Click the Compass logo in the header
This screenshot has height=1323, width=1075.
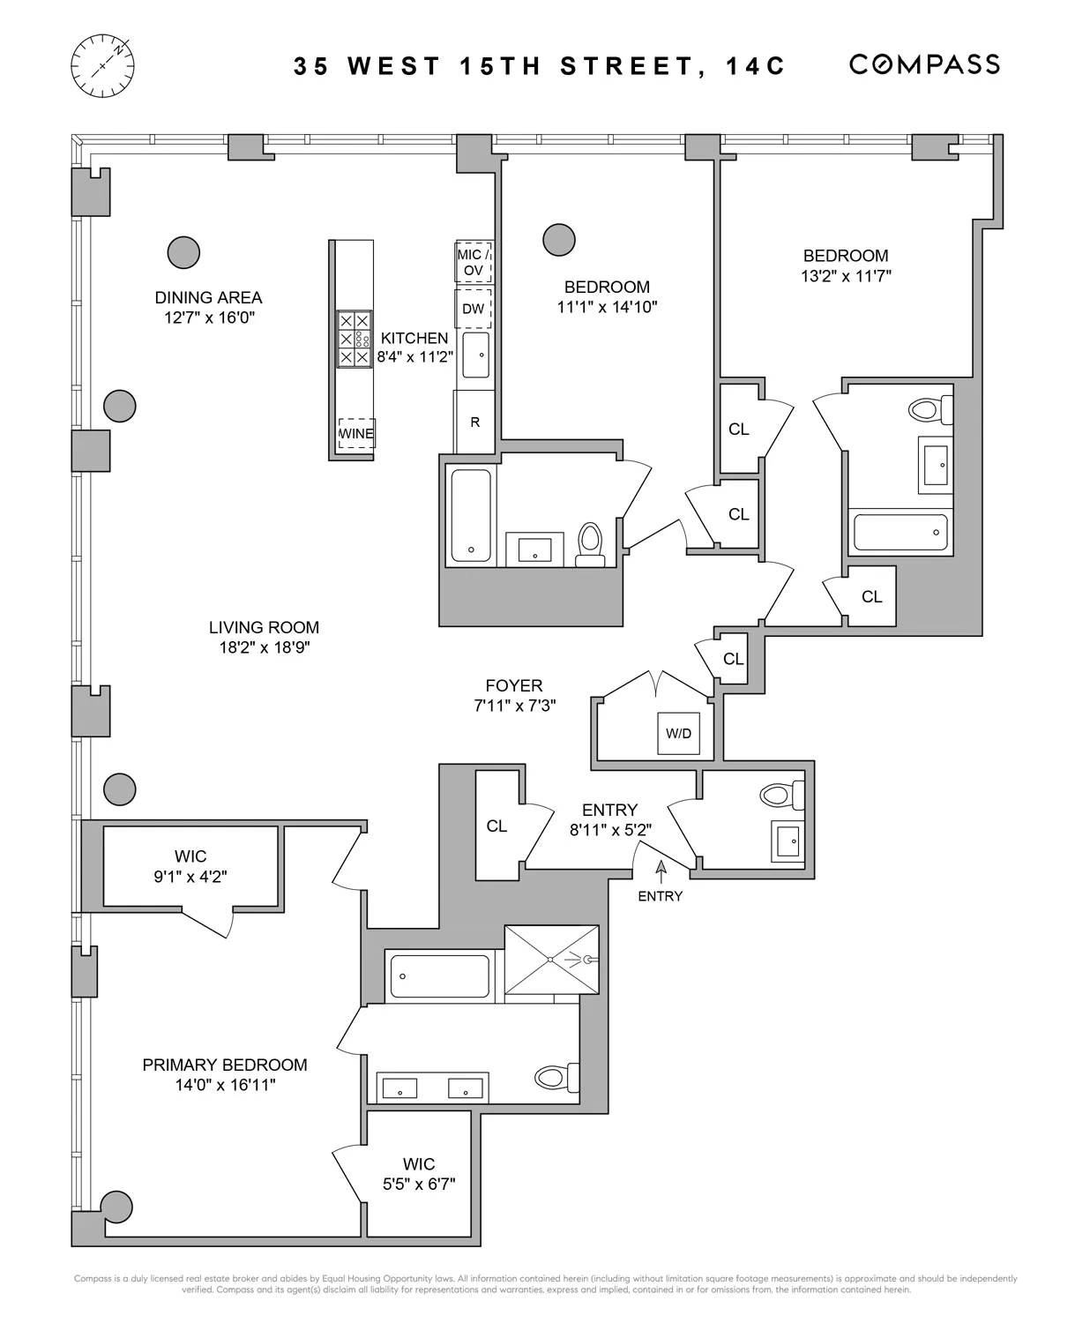[923, 64]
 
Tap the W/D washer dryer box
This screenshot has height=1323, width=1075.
[678, 733]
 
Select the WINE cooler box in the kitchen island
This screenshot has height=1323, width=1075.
[356, 433]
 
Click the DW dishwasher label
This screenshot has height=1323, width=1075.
[474, 309]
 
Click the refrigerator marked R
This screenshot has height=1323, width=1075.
[474, 422]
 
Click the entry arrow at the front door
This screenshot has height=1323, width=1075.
[661, 871]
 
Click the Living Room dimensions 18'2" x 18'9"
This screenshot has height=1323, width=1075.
[264, 647]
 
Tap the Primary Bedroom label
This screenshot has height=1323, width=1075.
[225, 1065]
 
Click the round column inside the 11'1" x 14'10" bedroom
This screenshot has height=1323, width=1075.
[559, 239]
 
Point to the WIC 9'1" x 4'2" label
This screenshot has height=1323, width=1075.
[190, 866]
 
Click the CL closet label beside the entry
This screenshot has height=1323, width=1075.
[496, 826]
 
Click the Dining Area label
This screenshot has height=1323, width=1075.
[208, 298]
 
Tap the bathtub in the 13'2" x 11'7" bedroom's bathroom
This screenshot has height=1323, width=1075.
[900, 532]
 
